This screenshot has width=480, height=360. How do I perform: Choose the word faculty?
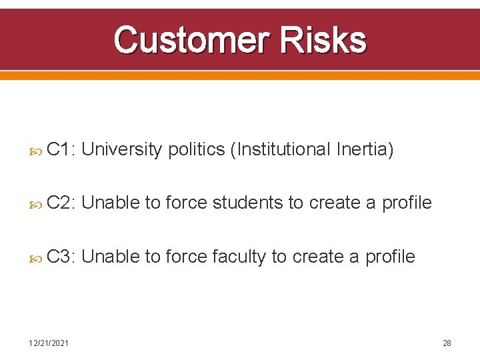[239, 256]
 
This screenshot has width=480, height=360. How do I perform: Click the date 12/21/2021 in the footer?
[47, 343]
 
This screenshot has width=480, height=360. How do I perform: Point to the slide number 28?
[447, 343]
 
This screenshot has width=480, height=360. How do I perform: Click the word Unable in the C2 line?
[111, 203]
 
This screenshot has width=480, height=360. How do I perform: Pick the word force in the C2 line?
[186, 203]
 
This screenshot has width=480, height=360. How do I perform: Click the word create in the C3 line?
[324, 256]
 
